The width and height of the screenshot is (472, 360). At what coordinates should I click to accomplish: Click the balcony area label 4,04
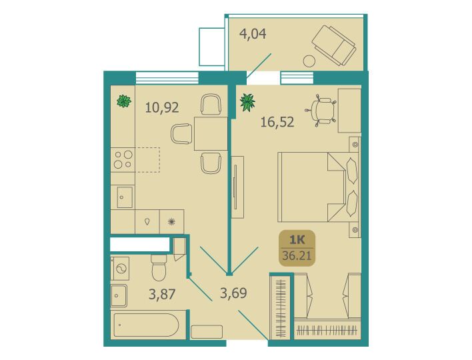point(253,34)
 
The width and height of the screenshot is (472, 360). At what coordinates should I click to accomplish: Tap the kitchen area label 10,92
point(162,107)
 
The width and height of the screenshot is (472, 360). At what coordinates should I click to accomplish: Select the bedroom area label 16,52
point(277,122)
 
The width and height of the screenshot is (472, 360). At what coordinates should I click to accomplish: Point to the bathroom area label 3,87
point(162,294)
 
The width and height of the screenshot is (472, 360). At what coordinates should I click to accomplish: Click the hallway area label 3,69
point(233,293)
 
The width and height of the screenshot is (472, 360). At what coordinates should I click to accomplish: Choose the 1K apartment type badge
point(297,248)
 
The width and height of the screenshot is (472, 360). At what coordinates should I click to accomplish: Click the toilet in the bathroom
point(159,267)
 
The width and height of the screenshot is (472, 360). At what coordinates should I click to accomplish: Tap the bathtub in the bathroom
point(146,325)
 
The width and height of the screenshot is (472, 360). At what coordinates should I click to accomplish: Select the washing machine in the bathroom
point(120,269)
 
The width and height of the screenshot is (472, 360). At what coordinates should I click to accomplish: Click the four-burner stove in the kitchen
point(123,159)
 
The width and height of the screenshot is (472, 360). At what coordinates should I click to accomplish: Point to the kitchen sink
point(125,197)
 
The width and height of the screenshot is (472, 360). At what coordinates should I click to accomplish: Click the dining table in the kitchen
point(211,133)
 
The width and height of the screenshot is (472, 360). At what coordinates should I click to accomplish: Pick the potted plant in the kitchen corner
point(124,101)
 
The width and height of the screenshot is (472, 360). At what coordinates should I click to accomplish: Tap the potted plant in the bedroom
point(247,102)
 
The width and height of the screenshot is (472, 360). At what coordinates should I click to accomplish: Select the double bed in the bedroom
point(318,187)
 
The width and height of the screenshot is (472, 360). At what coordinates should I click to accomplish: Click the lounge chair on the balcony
point(334,45)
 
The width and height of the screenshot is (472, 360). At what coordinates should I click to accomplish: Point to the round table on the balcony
point(309,61)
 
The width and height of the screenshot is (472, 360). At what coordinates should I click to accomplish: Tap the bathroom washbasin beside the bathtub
point(119,295)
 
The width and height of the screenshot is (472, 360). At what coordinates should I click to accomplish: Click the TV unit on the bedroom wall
point(237,187)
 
